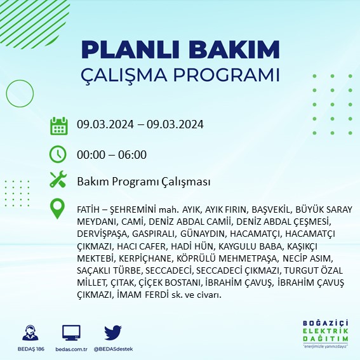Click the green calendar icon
pyautogui.click(x=58, y=125)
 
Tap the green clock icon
pyautogui.click(x=58, y=154)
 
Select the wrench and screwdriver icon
pyautogui.click(x=58, y=181)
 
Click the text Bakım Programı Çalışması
pyautogui.click(x=143, y=182)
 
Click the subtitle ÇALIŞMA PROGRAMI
pyautogui.click(x=180, y=74)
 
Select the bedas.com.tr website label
pyautogui.click(x=71, y=349)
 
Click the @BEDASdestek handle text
pyautogui.click(x=113, y=349)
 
